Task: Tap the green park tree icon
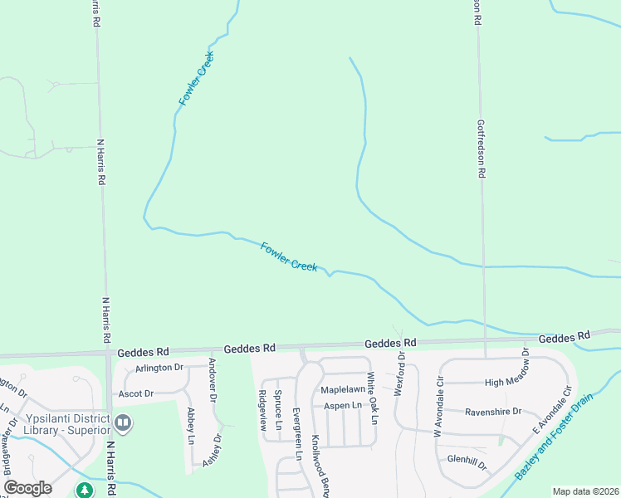(x=84, y=491)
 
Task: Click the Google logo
(x=27, y=488)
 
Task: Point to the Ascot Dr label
(x=136, y=393)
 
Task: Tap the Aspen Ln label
(x=343, y=405)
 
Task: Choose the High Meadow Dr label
(x=496, y=382)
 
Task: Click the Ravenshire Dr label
(x=492, y=411)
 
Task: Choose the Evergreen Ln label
(x=296, y=434)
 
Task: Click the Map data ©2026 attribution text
(x=585, y=491)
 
